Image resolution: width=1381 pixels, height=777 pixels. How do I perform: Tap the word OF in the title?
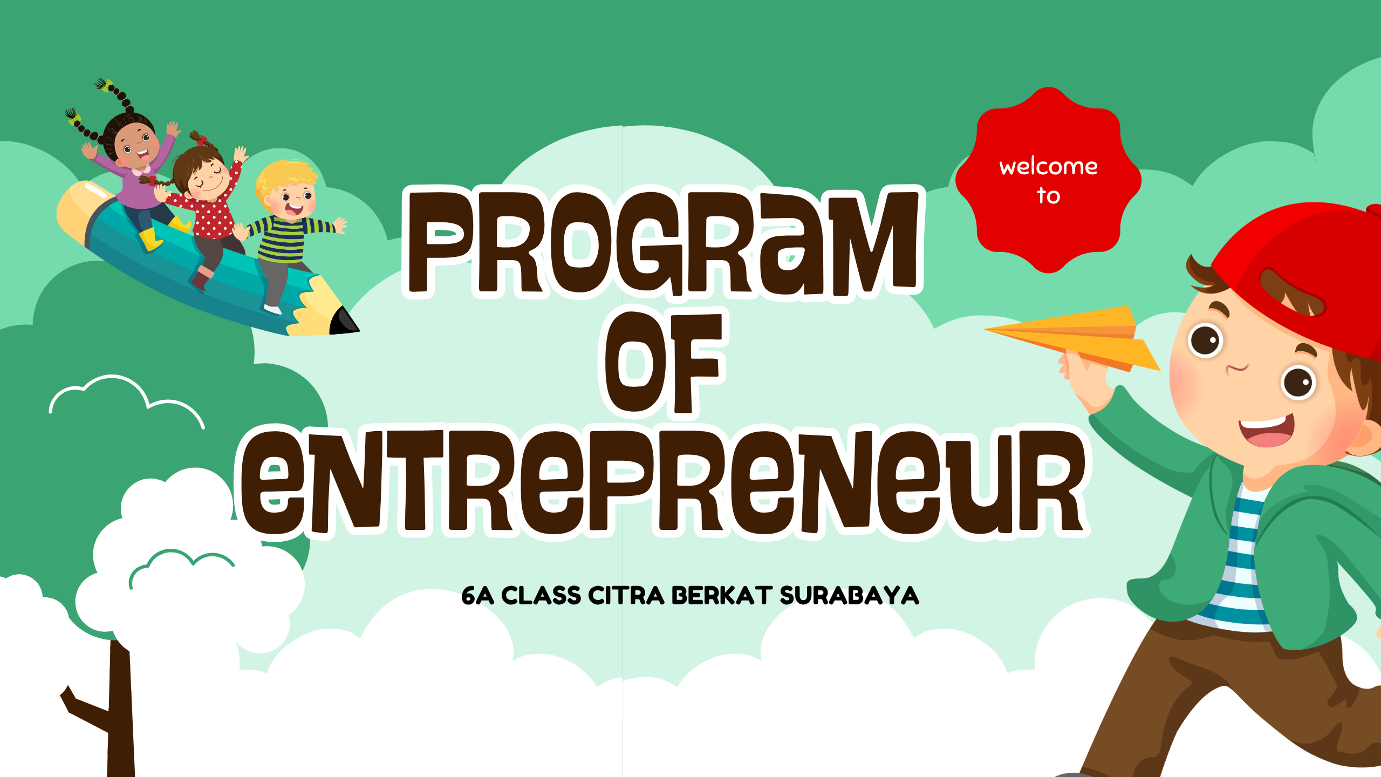pyautogui.click(x=664, y=364)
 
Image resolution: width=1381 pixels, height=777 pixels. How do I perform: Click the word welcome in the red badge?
pyautogui.click(x=1048, y=166)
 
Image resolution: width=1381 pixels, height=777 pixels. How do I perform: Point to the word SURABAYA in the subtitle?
pyautogui.click(x=849, y=596)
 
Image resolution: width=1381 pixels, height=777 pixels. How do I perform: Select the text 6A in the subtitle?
pyautogui.click(x=477, y=596)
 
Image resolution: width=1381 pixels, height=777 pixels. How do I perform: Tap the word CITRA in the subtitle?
pyautogui.click(x=626, y=596)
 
